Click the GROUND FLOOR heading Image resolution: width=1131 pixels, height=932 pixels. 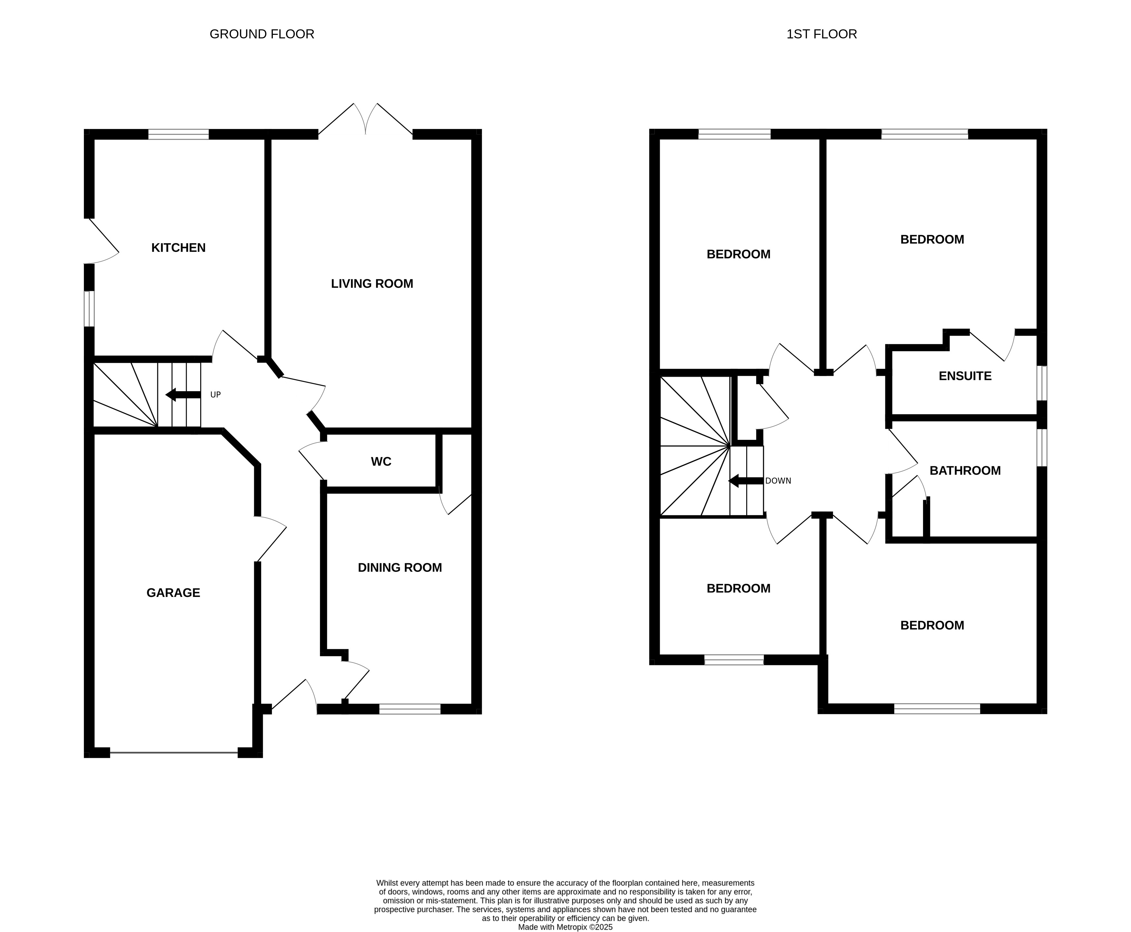262,35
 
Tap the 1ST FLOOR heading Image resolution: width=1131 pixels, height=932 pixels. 821,35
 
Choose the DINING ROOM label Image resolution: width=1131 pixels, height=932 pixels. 400,568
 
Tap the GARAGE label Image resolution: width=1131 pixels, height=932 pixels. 174,593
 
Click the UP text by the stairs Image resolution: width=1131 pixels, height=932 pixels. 215,395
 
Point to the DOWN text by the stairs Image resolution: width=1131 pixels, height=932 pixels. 778,481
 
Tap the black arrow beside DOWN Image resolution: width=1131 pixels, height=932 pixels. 746,481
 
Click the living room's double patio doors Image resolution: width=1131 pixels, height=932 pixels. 365,121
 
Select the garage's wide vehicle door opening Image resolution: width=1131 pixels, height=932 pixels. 174,753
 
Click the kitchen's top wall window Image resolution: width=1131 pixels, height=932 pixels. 178,134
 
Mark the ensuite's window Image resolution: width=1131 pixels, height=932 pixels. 1041,383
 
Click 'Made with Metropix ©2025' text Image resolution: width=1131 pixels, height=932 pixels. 565,927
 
